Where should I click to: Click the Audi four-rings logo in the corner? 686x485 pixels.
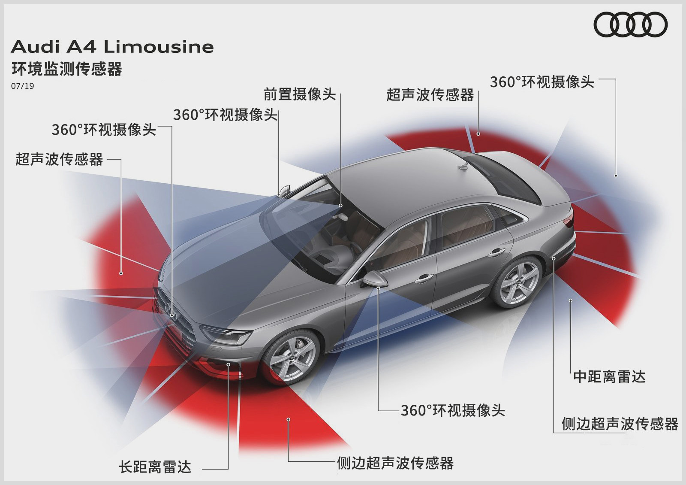pos(630,24)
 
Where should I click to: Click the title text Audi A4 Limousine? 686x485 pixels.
pos(112,47)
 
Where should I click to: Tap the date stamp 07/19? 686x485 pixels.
pos(23,86)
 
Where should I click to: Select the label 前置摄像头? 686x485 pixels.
pos(299,94)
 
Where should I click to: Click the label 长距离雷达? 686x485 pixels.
pos(155,467)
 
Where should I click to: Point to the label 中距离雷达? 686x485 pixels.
pos(609,377)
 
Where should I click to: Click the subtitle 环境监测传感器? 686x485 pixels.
pos(67,69)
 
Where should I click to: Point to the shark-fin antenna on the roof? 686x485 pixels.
pos(465,165)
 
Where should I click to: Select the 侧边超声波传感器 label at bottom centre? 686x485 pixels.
pos(395,463)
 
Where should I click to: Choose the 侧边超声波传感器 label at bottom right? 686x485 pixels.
pos(620,424)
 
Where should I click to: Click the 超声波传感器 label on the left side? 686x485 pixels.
pos(59,159)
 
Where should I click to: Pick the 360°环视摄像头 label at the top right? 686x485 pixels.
pos(542,82)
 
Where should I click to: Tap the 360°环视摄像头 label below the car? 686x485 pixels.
pos(453,410)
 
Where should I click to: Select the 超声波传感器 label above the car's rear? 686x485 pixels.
pos(430,95)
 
